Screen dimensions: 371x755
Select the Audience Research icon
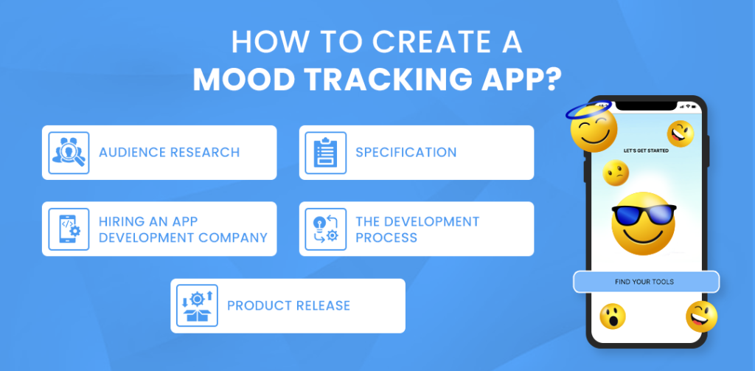coord(69,153)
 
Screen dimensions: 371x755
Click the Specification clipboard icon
coord(325,153)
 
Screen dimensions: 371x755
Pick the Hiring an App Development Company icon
coord(69,229)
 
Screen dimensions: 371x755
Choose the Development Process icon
coord(325,229)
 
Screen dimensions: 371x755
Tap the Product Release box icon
coord(197,305)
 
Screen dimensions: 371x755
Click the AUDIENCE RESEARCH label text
coord(169,153)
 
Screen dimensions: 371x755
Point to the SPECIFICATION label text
coord(406,153)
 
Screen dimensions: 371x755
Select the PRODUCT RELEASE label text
coord(288,305)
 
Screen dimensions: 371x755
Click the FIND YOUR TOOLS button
coord(644,282)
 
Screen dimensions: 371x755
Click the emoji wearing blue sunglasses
coord(643,220)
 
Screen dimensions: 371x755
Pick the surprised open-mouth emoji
coord(612,316)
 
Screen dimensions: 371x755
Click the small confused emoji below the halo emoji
coord(616,173)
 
